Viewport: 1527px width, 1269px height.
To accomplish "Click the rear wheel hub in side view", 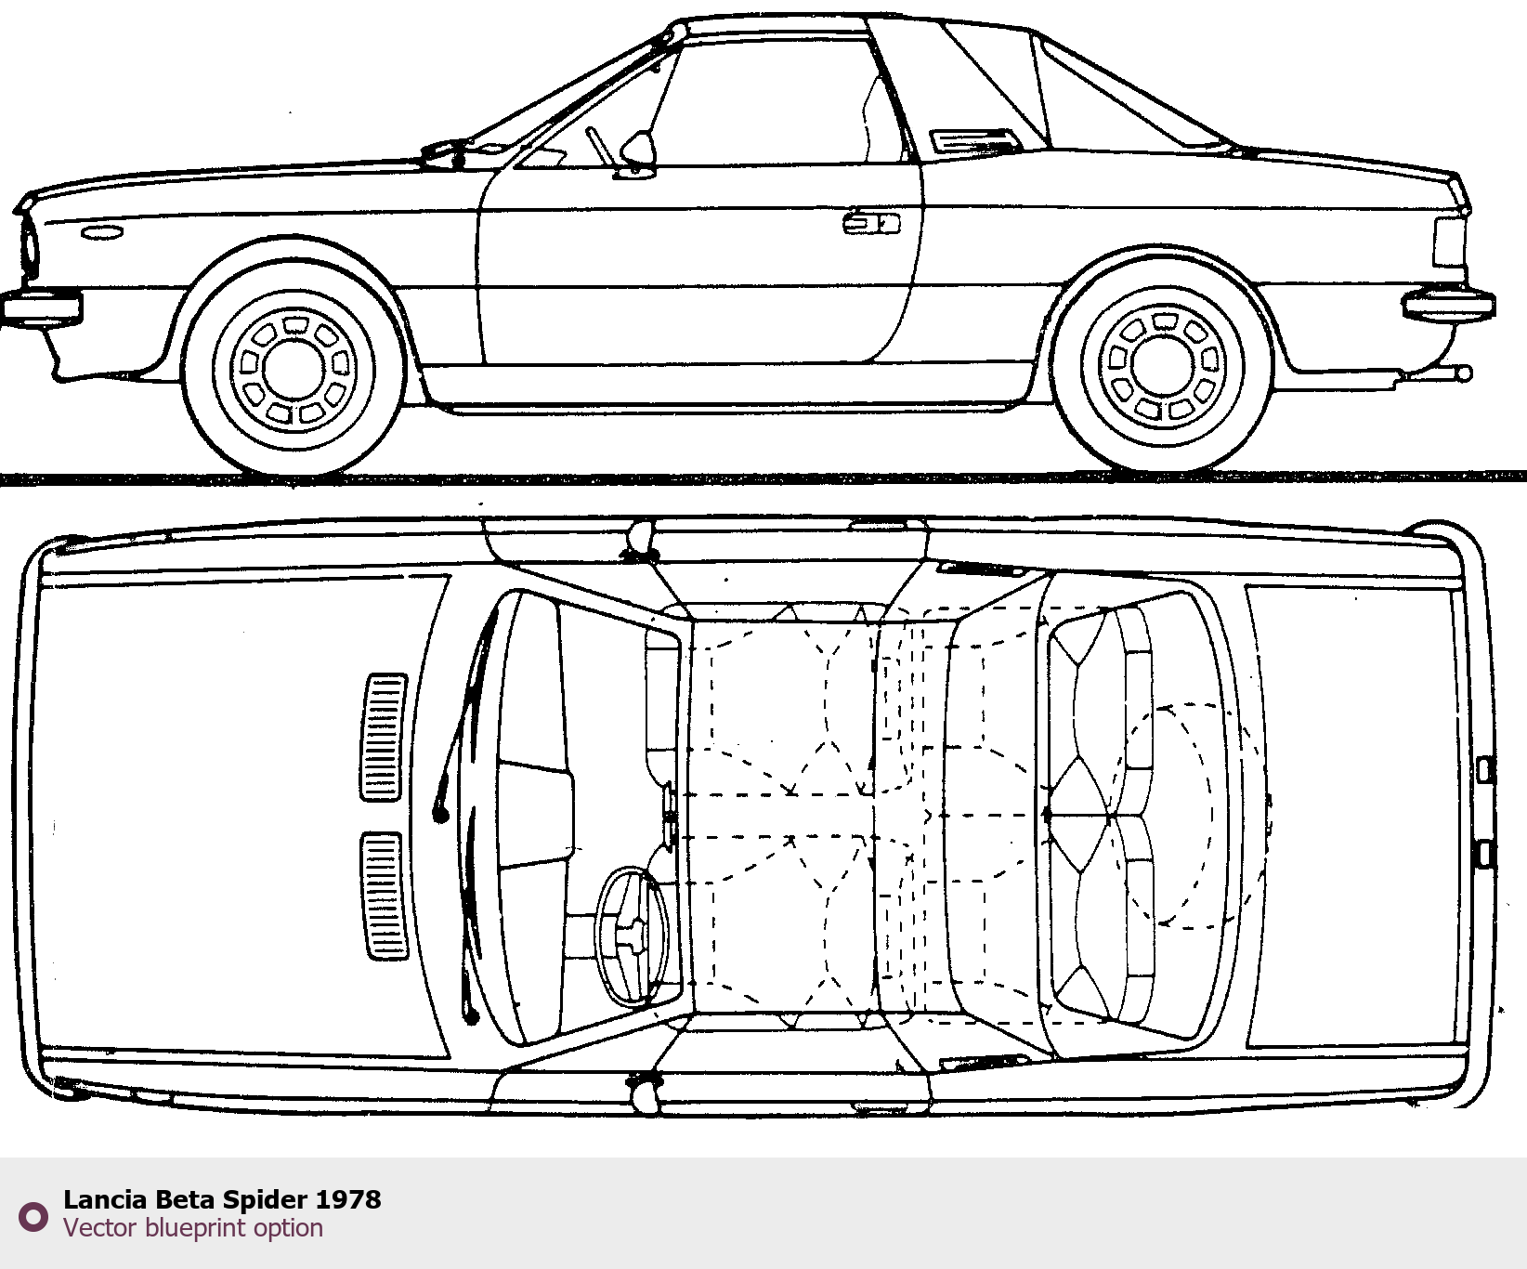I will pyautogui.click(x=1161, y=365).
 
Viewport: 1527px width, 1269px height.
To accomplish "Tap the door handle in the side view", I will pyautogui.click(x=870, y=223).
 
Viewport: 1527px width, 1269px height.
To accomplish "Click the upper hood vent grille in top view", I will pyautogui.click(x=385, y=737).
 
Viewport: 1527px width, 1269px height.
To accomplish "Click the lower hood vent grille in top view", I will pyautogui.click(x=383, y=896).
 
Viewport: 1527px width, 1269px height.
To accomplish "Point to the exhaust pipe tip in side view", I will pyautogui.click(x=1462, y=374).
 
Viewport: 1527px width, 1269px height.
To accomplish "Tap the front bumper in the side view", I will pyautogui.click(x=41, y=307).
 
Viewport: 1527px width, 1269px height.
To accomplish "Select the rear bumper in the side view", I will pyautogui.click(x=1449, y=305).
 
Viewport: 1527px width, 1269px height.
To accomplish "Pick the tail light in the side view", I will pyautogui.click(x=1449, y=242).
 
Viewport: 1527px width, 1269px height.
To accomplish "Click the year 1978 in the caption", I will pyautogui.click(x=348, y=1199).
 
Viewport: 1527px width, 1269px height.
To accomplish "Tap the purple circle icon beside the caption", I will pyautogui.click(x=34, y=1216).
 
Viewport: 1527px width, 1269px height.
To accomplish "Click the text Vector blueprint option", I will pyautogui.click(x=193, y=1228).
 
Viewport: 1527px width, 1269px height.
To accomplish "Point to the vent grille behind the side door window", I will pyautogui.click(x=976, y=140).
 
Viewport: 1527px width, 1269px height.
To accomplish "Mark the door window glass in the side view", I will pyautogui.click(x=771, y=102).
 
